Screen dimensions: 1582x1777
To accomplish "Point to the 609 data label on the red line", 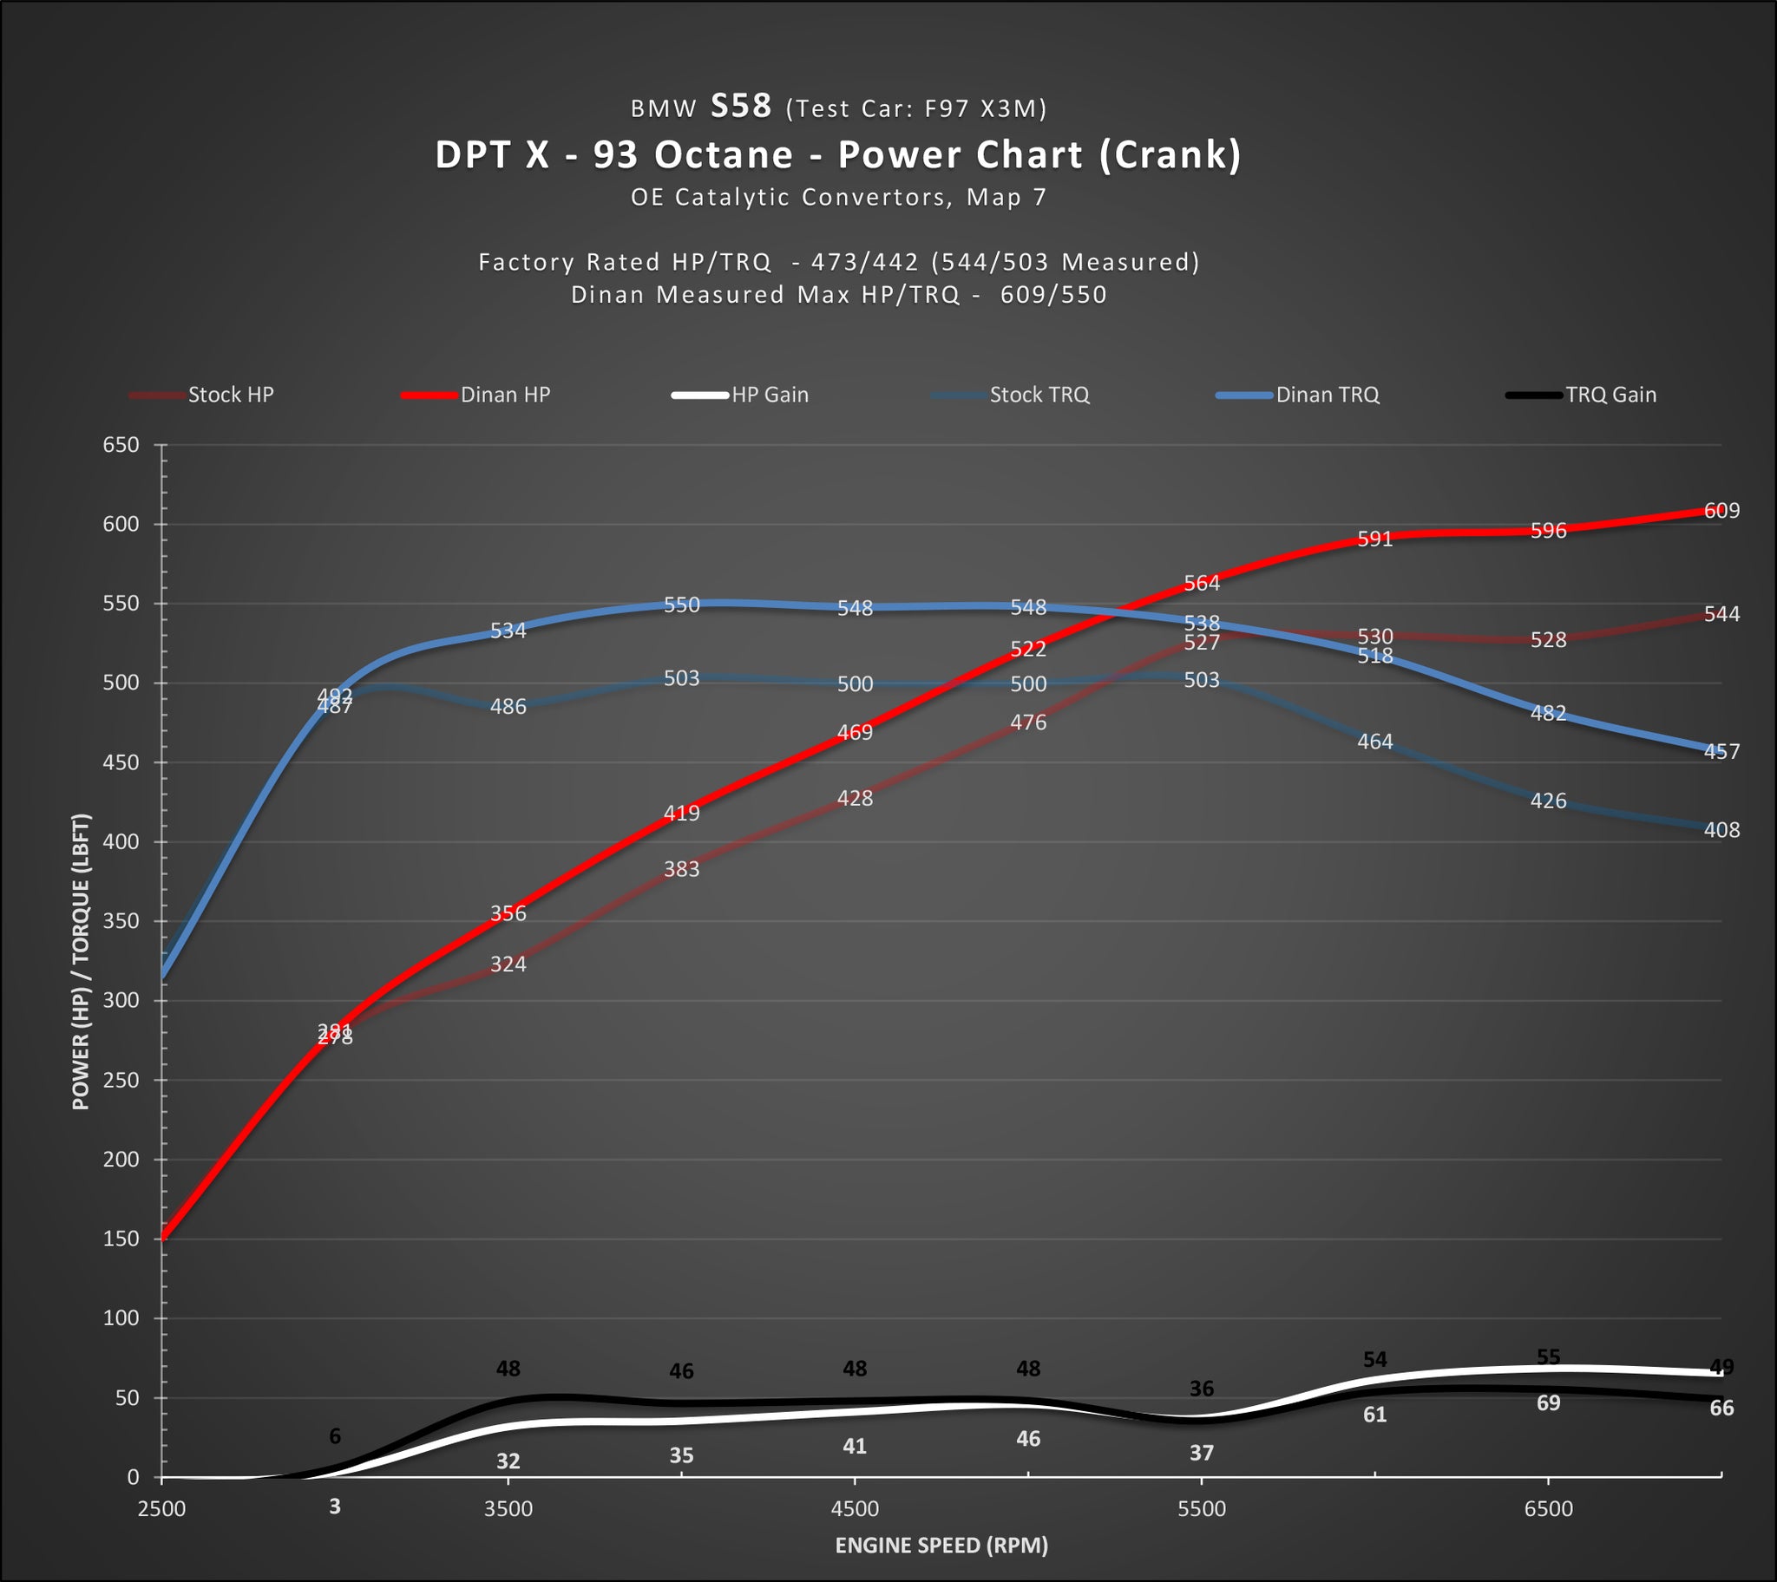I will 1721,510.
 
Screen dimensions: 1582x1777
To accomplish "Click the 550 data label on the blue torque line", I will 682,605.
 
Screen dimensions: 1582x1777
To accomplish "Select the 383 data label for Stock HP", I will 682,869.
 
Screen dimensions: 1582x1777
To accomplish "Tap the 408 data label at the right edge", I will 1721,830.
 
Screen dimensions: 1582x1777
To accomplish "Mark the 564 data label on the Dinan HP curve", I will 1202,583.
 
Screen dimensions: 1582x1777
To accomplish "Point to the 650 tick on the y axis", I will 121,445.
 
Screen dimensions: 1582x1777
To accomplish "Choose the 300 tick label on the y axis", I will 121,1001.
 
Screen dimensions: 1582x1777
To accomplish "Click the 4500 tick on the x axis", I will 855,1508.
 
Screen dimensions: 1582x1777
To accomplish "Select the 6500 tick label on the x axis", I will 1548,1508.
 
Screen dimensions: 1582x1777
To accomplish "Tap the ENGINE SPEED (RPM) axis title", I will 941,1545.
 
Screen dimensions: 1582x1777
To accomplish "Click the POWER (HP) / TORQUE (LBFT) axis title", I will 81,961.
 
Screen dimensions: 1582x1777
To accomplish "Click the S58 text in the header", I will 741,106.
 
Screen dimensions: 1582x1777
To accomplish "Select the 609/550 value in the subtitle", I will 1052,295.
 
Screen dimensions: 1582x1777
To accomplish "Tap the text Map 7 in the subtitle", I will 1006,197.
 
